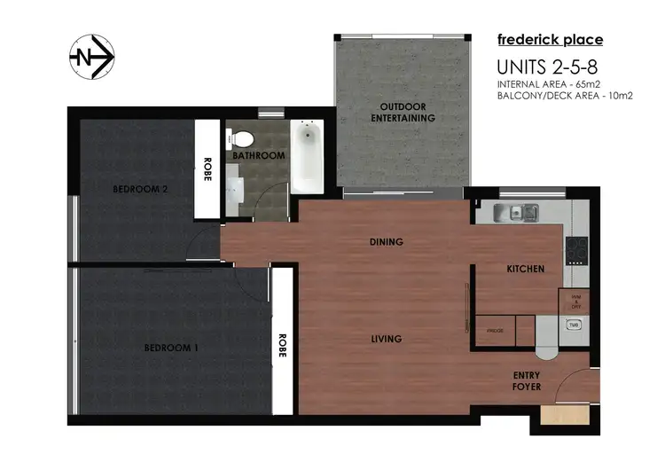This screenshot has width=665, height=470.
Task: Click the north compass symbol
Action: click(92, 59)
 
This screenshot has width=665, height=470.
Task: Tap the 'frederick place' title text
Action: click(550, 39)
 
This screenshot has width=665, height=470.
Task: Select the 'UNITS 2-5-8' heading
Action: click(542, 67)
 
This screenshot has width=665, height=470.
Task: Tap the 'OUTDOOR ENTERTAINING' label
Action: click(403, 112)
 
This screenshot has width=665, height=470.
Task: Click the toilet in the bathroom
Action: click(241, 138)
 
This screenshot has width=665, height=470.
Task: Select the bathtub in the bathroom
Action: click(307, 157)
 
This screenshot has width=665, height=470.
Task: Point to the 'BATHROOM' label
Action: click(259, 156)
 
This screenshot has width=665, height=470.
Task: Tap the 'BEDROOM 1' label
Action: click(170, 348)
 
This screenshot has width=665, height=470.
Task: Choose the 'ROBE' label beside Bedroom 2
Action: click(207, 169)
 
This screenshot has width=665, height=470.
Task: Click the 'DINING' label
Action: click(387, 241)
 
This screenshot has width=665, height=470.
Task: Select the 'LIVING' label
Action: click(387, 339)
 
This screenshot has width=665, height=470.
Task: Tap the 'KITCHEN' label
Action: click(525, 268)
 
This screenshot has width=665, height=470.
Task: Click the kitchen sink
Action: click(516, 212)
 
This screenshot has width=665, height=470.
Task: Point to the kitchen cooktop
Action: click(576, 249)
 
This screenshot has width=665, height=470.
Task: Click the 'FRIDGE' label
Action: click(495, 330)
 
